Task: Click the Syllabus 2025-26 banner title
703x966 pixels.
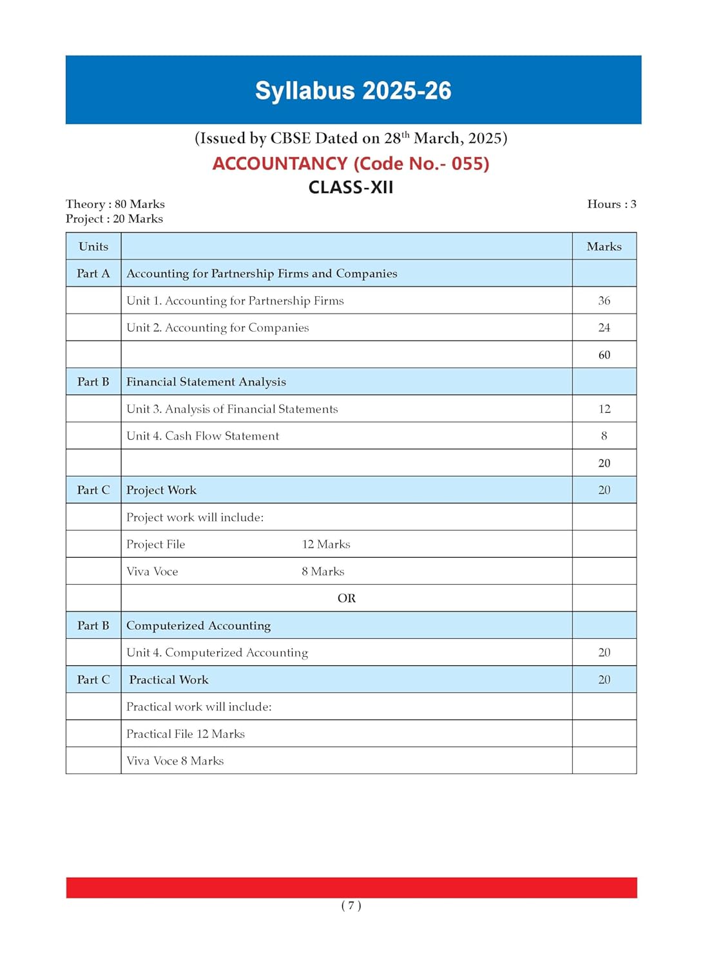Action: pos(353,91)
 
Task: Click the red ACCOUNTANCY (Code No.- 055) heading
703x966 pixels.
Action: pos(351,164)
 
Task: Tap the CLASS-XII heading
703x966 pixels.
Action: pos(351,187)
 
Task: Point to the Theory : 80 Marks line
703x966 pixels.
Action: pos(115,204)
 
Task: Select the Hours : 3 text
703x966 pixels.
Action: pos(612,204)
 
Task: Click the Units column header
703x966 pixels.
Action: pos(93,247)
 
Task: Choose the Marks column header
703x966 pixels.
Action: pos(604,247)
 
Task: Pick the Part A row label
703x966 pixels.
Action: pos(93,274)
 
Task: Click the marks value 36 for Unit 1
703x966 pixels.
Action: pos(604,301)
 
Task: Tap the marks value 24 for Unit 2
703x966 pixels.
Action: pos(604,328)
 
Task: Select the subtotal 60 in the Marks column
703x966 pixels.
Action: pos(604,355)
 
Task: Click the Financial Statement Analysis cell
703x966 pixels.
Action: pos(206,382)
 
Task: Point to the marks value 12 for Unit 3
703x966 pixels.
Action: pos(604,409)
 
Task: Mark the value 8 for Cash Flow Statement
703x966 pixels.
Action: pos(604,436)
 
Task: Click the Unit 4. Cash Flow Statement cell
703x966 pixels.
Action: pos(203,436)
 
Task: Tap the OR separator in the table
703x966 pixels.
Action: pos(347,598)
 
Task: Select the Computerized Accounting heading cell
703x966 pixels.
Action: pos(198,625)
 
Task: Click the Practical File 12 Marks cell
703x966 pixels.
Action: pos(186,734)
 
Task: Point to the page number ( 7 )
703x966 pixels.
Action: pos(351,905)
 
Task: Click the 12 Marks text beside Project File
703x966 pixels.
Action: pos(326,544)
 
